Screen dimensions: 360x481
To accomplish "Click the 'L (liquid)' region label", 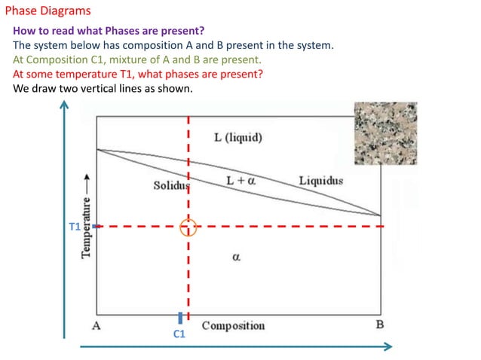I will point(237,137).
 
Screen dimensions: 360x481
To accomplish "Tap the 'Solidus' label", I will point(172,185).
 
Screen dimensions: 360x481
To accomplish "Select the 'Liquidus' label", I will point(320,181).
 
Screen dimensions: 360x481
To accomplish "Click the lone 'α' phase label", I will point(236,257).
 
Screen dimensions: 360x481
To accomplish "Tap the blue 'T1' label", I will point(75,226).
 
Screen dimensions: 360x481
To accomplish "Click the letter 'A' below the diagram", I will point(97,325).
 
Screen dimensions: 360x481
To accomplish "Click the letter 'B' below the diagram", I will point(379,325).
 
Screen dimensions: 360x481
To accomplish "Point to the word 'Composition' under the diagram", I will point(233,325).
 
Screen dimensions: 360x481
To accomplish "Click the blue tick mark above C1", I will point(180,317).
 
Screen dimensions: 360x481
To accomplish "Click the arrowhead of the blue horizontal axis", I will point(389,346).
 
